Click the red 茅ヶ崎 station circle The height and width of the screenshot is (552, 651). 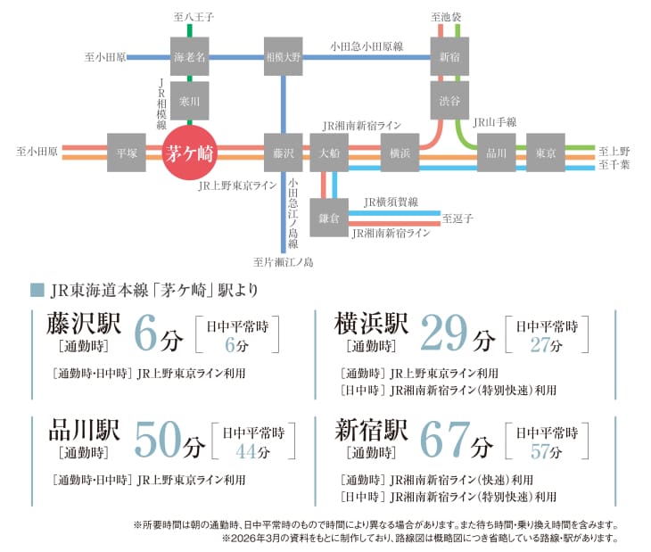tap(189, 153)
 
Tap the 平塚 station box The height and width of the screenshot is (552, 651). tap(126, 152)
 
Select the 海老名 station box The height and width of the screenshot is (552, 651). tap(189, 56)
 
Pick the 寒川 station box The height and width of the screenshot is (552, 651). tap(189, 100)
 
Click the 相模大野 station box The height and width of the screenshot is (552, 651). tap(284, 56)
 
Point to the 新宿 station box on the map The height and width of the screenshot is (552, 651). tap(449, 56)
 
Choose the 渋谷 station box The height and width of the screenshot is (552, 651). tap(449, 100)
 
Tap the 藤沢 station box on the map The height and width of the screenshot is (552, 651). tap(284, 152)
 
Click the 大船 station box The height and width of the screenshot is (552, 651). tap(329, 152)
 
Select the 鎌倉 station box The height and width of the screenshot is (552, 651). tap(329, 217)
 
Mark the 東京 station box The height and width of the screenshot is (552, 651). tap(545, 152)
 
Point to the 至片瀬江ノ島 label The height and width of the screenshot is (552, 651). tap(283, 262)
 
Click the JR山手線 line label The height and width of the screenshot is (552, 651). tap(494, 121)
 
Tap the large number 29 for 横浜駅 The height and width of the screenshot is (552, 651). tap(444, 334)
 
